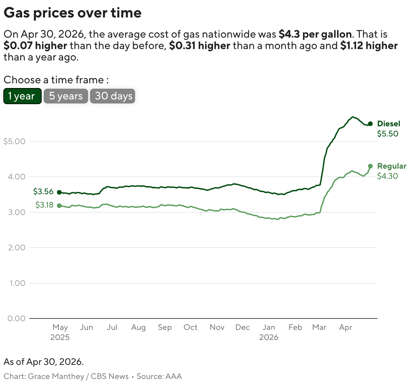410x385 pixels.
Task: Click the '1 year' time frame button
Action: point(22,96)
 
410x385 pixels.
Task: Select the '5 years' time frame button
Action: point(66,96)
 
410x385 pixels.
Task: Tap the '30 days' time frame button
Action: point(113,96)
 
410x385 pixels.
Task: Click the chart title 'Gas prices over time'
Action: point(73,13)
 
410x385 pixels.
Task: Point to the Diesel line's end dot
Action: point(370,124)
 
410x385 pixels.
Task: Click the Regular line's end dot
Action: point(370,166)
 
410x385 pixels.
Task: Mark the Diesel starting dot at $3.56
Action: point(59,192)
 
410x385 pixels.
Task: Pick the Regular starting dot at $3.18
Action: point(59,206)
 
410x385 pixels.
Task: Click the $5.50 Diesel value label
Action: point(387,134)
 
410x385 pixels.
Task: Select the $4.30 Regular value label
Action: point(387,176)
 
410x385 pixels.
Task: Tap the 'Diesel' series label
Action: point(389,124)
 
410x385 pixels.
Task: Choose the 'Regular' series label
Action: point(392,166)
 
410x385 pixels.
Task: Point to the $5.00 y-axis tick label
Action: point(14,141)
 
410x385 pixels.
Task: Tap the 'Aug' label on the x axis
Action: point(138,327)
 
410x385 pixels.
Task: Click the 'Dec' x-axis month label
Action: point(243,327)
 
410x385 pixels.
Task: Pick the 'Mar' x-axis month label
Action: point(319,327)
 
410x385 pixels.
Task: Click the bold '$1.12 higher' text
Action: point(369,46)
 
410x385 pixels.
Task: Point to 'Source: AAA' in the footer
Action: point(159,376)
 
